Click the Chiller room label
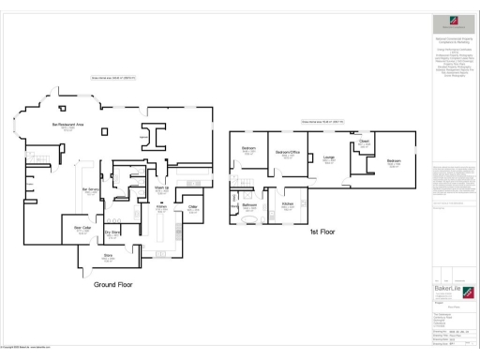click(192, 206)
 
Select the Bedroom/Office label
click(287, 153)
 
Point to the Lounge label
click(329, 157)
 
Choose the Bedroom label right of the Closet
click(394, 161)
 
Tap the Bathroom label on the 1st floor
click(250, 205)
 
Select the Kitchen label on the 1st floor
click(288, 204)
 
